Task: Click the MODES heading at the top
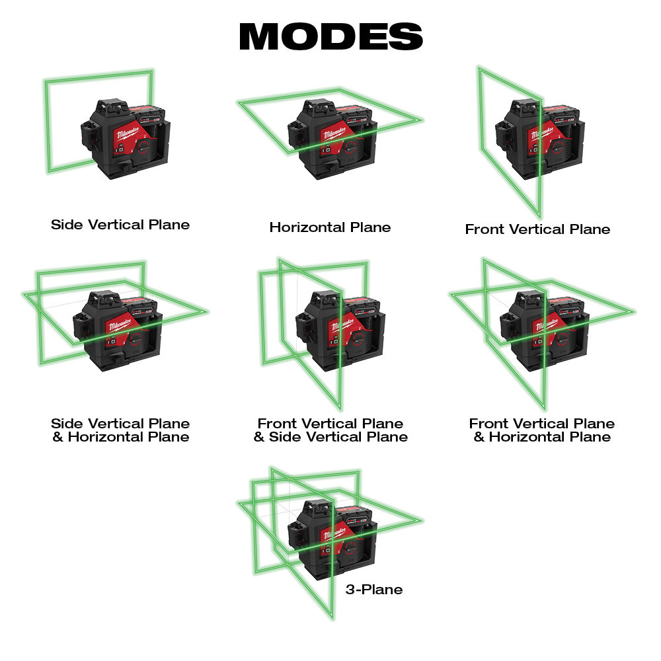[330, 37]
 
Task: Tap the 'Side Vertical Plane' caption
[120, 225]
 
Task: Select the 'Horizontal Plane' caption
[330, 227]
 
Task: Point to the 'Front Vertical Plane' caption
[537, 229]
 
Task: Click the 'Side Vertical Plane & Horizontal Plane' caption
[120, 430]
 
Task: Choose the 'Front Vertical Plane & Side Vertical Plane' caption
[330, 430]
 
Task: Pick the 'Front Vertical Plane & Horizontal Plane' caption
[542, 430]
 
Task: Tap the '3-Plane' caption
[373, 590]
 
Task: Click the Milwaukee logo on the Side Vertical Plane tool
[128, 134]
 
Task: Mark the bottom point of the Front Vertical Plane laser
[540, 217]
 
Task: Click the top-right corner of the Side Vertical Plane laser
[153, 71]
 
